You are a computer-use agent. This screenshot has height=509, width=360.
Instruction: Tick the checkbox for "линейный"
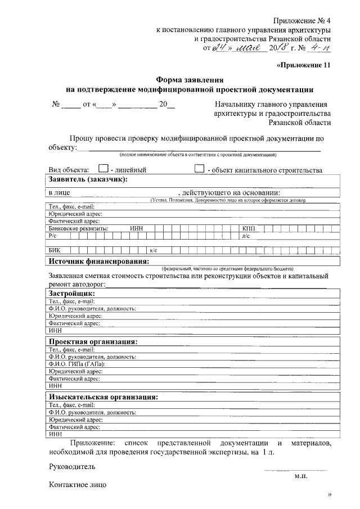pyautogui.click(x=102, y=168)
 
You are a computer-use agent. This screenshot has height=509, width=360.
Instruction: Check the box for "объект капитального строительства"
pyautogui.click(x=199, y=168)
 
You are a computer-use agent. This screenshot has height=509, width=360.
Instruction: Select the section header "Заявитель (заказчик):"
pyautogui.click(x=87, y=179)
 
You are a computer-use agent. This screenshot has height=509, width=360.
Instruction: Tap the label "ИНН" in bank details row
pyautogui.click(x=136, y=228)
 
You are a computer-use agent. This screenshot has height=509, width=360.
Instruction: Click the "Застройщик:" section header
pyautogui.click(x=71, y=294)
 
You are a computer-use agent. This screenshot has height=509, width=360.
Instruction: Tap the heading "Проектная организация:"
pyautogui.click(x=93, y=341)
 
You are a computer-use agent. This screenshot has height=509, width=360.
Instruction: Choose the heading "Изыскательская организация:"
pyautogui.click(x=103, y=397)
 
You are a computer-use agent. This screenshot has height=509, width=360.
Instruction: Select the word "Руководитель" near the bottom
pyautogui.click(x=72, y=466)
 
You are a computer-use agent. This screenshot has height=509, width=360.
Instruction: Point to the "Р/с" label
pyautogui.click(x=53, y=236)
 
